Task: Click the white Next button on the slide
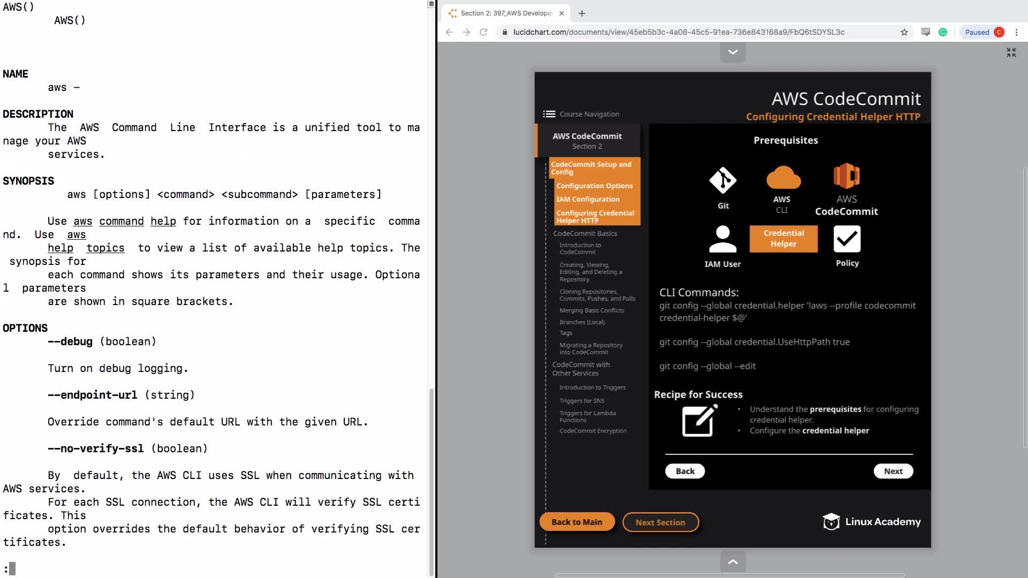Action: (893, 471)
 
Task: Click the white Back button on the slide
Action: (685, 471)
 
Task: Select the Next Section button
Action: (660, 522)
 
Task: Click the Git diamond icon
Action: (723, 180)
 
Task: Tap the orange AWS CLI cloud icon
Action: (783, 178)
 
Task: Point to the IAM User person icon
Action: (722, 239)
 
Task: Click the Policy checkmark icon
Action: (847, 239)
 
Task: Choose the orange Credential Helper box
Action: (783, 238)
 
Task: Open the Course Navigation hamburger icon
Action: (549, 114)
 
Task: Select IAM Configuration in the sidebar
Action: (587, 199)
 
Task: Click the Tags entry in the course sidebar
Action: (566, 333)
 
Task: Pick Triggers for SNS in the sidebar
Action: (581, 401)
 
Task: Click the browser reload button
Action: (483, 32)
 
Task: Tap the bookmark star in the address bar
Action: (904, 32)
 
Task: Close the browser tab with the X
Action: (562, 13)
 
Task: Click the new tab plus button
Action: (582, 13)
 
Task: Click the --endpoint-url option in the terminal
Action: (92, 395)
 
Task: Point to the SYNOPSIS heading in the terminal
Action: (28, 181)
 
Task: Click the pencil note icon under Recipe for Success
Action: (699, 421)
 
